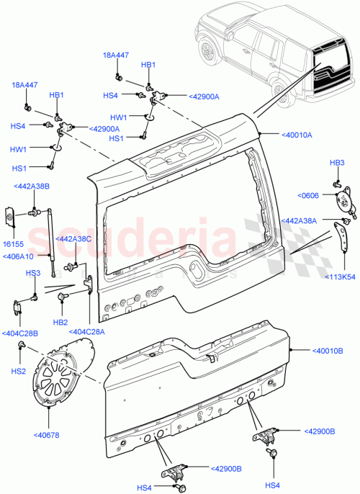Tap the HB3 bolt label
tap(337, 163)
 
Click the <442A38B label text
tap(32, 187)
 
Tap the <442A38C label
tap(75, 238)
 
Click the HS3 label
tap(32, 273)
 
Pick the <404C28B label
tap(21, 333)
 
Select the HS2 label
tap(19, 370)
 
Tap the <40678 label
tap(47, 434)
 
